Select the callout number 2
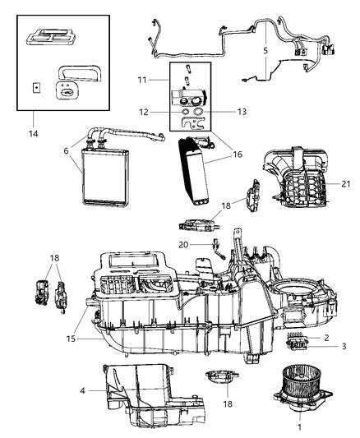click(326, 338)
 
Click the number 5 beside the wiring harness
click(264, 50)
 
